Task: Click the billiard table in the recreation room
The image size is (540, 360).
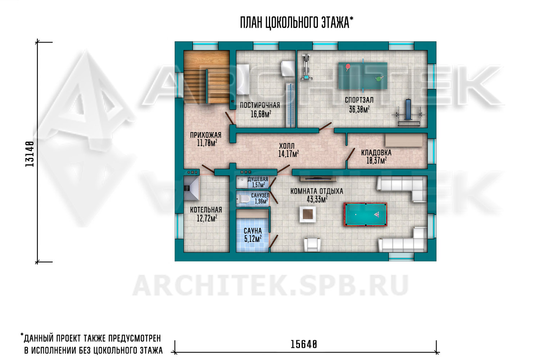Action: click(x=365, y=214)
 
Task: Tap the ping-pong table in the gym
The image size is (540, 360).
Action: click(x=363, y=76)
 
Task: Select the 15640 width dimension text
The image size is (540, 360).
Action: click(x=304, y=345)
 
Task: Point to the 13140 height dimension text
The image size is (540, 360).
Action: click(x=30, y=154)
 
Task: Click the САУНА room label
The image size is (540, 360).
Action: click(x=253, y=231)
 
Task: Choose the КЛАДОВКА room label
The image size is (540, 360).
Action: click(x=376, y=153)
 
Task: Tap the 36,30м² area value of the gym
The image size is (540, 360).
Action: click(x=359, y=109)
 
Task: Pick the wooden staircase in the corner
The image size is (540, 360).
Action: click(x=207, y=77)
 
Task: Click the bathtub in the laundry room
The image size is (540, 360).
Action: click(x=243, y=79)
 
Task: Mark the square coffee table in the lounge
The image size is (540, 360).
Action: click(x=307, y=214)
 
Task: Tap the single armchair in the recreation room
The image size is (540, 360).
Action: click(x=312, y=245)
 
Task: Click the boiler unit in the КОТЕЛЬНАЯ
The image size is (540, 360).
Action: click(x=191, y=188)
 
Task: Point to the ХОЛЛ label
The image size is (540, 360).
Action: click(x=287, y=146)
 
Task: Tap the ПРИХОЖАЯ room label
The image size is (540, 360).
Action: click(x=206, y=135)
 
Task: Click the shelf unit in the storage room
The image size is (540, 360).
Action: click(x=404, y=140)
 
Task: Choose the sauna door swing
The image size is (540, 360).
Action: click(x=273, y=242)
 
